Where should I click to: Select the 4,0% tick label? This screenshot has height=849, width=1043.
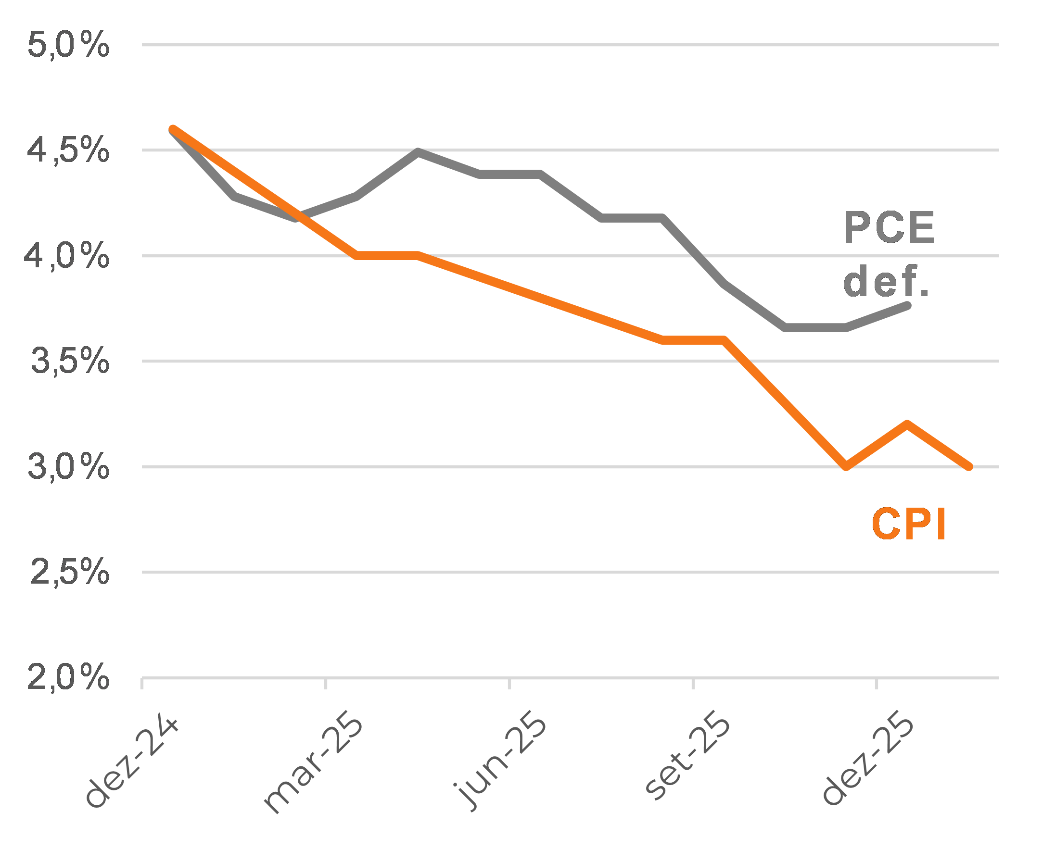pos(67,255)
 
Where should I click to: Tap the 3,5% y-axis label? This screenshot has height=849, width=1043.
pos(70,361)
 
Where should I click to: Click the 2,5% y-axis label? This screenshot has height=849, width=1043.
pos(70,572)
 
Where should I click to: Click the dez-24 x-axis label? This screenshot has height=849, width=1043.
pos(131,762)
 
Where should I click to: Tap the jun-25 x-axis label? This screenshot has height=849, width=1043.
pos(499,763)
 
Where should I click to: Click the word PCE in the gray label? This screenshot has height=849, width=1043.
pos(890,227)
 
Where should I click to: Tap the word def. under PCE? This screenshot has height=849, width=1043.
pos(886,281)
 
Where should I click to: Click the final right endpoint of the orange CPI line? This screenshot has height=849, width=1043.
pos(969,466)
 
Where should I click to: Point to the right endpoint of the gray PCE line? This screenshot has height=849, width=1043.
pos(907,306)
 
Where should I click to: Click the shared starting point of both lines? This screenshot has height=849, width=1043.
pos(173,130)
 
